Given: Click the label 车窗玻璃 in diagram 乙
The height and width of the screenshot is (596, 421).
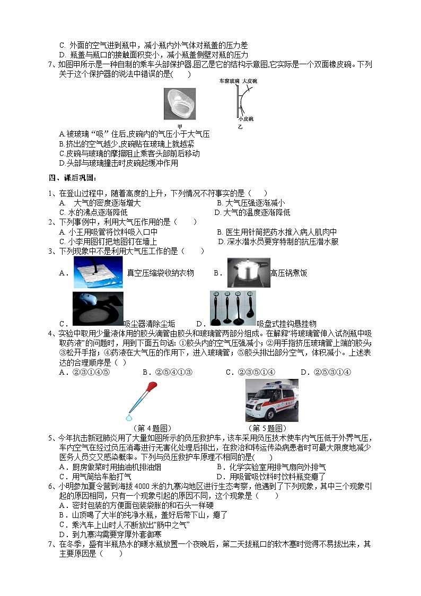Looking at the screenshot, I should tap(229, 81).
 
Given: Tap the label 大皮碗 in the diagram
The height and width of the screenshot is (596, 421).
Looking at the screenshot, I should tap(250, 81).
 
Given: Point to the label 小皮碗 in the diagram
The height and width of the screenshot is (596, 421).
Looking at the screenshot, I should tap(244, 120).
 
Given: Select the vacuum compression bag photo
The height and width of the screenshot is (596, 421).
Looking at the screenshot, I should tap(98, 273).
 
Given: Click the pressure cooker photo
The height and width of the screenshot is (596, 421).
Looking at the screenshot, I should tap(248, 273).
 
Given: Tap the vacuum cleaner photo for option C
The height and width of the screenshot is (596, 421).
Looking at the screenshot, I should tap(98, 308).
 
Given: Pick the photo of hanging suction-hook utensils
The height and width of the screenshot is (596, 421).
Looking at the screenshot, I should tap(233, 308).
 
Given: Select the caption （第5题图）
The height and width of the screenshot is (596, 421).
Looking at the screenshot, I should tap(267, 428).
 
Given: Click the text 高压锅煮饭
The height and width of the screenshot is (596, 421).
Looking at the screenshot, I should tap(288, 273).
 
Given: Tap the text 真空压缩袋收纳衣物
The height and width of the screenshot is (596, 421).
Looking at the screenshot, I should tap(160, 273).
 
